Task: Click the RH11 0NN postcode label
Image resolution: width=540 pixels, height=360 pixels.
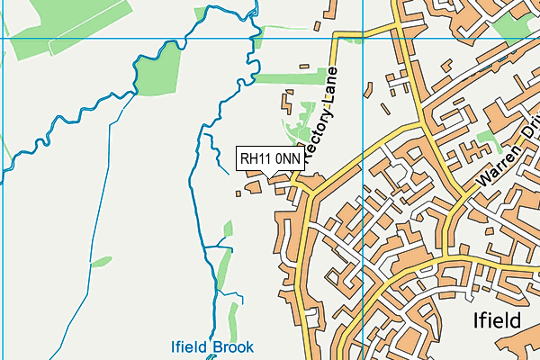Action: (270, 158)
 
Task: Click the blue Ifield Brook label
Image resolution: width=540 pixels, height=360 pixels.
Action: (212, 346)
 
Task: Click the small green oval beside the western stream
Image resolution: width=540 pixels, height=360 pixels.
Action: (102, 262)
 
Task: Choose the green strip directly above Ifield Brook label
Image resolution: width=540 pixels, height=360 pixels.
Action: (233, 319)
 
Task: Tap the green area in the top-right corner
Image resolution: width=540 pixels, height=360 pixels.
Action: (514, 22)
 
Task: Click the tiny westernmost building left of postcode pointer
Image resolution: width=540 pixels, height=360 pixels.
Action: (239, 190)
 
